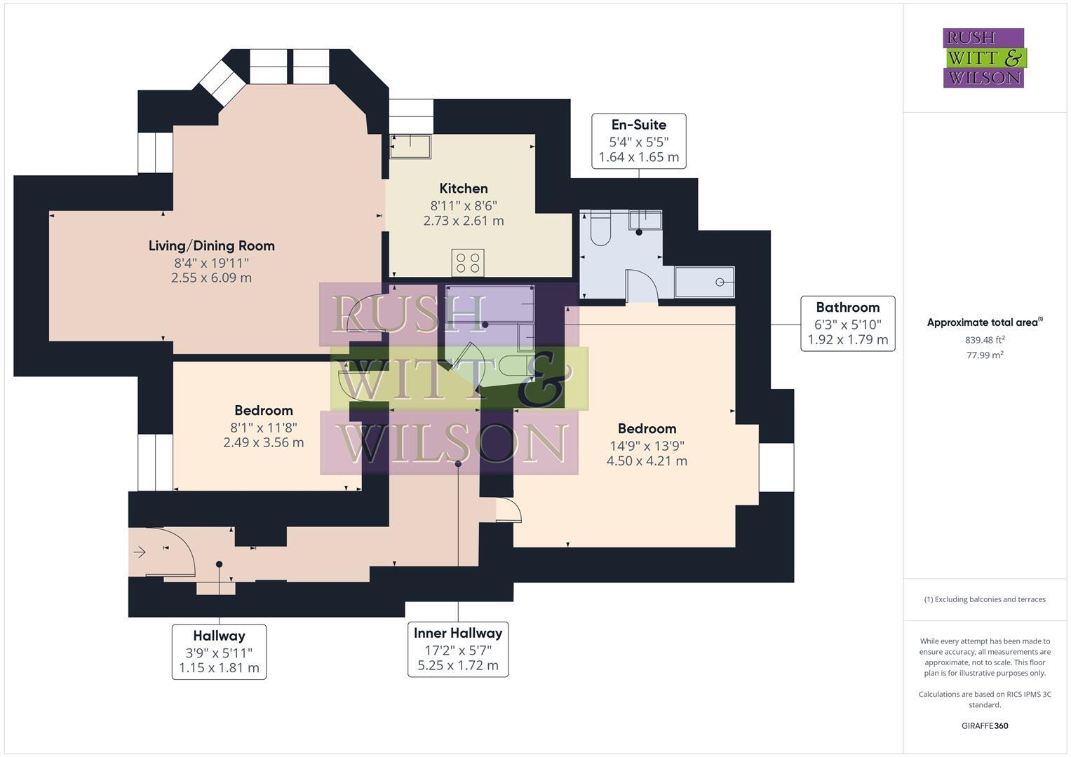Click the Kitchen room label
point(463,189)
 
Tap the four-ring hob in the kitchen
point(468,263)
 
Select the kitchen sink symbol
point(411,146)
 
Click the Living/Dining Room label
point(211,246)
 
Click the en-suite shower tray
point(704,282)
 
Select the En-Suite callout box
point(638,141)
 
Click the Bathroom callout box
point(847,324)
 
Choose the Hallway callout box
point(219,652)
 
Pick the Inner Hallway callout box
point(457,649)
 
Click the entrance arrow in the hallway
point(140,552)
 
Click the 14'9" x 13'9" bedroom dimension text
point(647,445)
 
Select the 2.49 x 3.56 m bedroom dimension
point(263,442)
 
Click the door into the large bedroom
point(508,510)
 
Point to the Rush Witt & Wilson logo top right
point(983,58)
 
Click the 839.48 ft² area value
point(984,340)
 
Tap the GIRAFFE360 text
point(984,725)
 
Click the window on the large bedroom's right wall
point(776,468)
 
